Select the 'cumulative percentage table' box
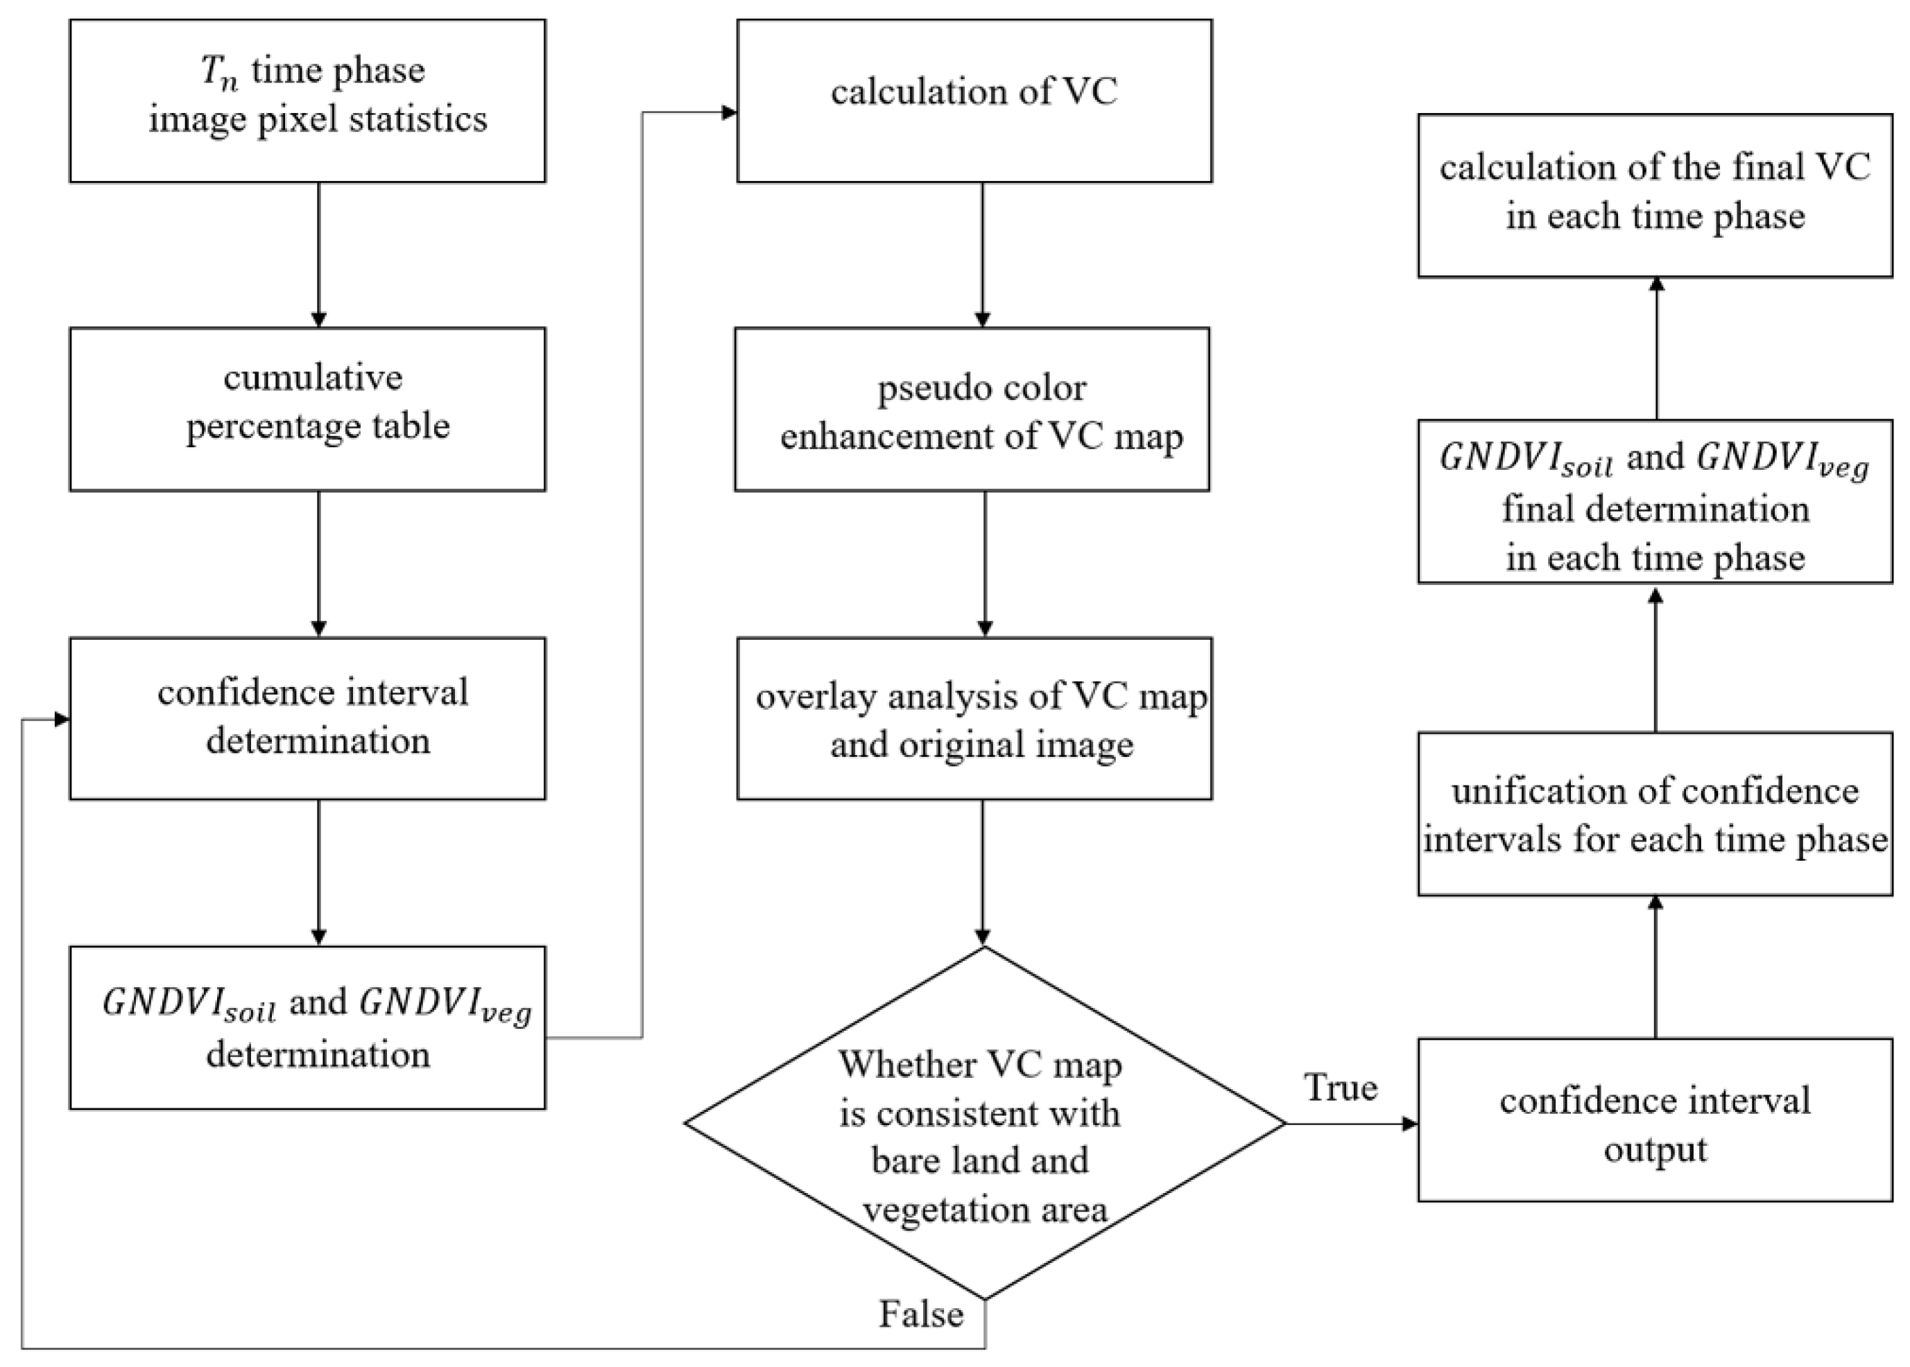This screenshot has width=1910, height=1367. [307, 409]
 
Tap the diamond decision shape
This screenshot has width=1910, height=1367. [983, 1123]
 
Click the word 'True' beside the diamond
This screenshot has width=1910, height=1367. [1341, 1088]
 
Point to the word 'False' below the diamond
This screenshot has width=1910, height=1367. [921, 1313]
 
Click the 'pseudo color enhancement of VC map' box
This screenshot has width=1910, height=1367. [972, 409]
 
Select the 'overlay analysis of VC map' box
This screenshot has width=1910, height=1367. [974, 718]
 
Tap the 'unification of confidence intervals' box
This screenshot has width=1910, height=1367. [1655, 814]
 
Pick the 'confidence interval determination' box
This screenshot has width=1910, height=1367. [307, 718]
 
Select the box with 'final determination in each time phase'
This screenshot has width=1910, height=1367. [1655, 502]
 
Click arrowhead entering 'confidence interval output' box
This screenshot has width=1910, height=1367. [1409, 1124]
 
